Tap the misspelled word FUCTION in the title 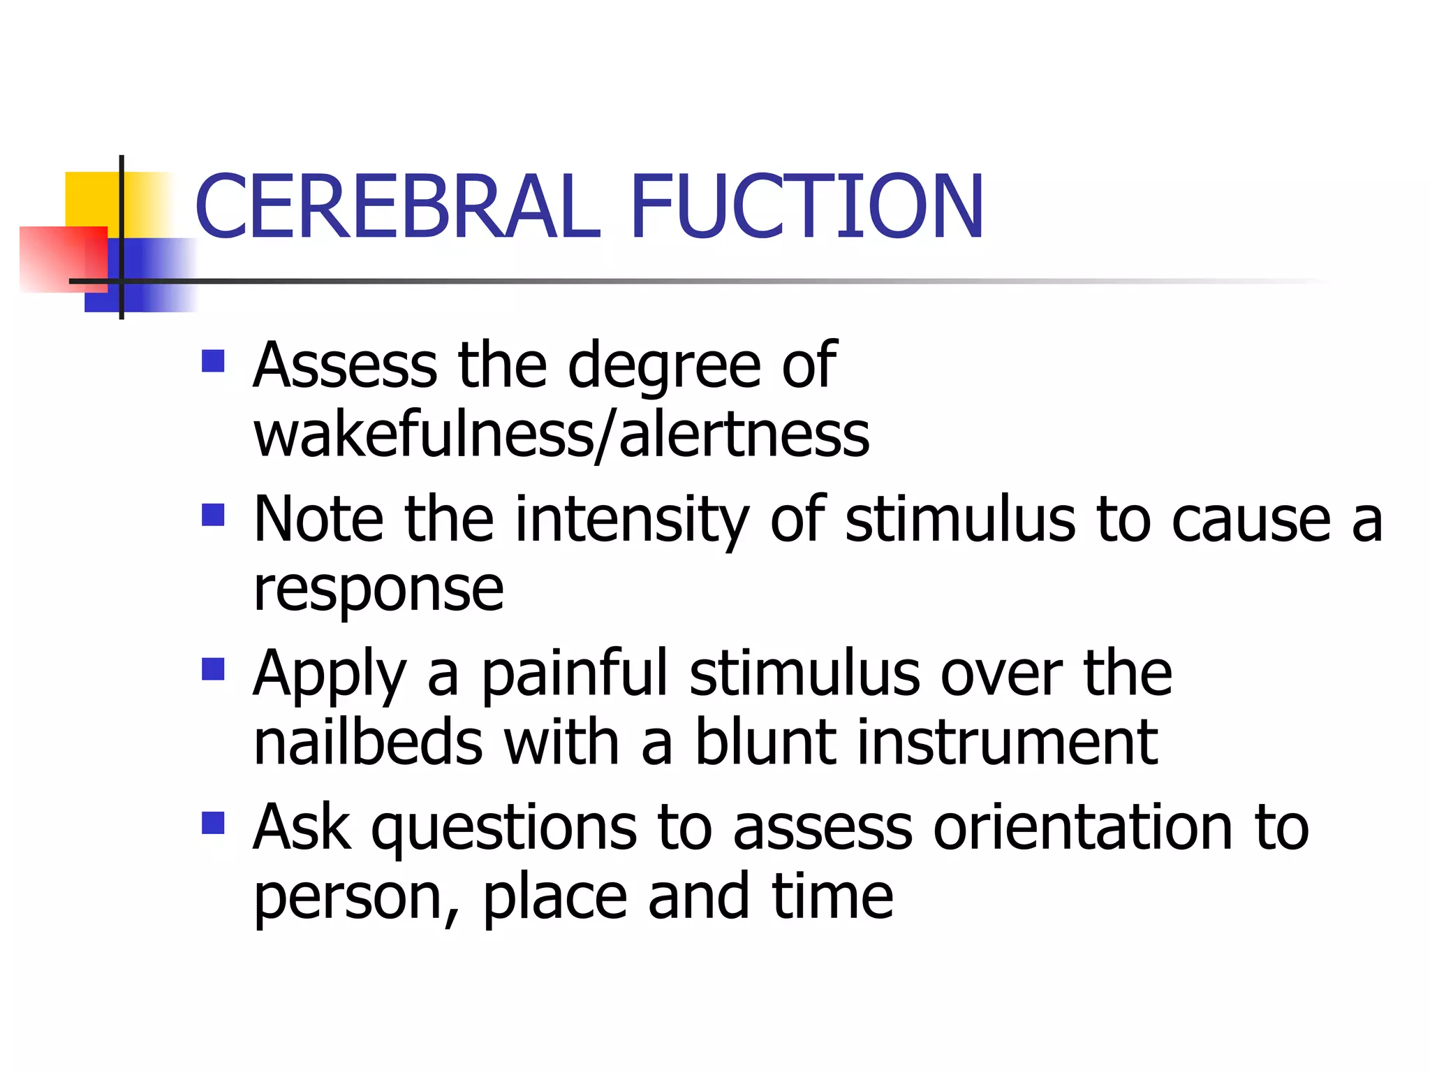pyautogui.click(x=807, y=207)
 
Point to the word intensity pyautogui.click(x=631, y=520)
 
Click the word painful pyautogui.click(x=575, y=673)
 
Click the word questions pyautogui.click(x=503, y=829)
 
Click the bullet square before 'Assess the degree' pyautogui.click(x=213, y=361)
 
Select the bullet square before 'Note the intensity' pyautogui.click(x=213, y=515)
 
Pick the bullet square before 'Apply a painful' pyautogui.click(x=213, y=669)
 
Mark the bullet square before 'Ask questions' pyautogui.click(x=213, y=823)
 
